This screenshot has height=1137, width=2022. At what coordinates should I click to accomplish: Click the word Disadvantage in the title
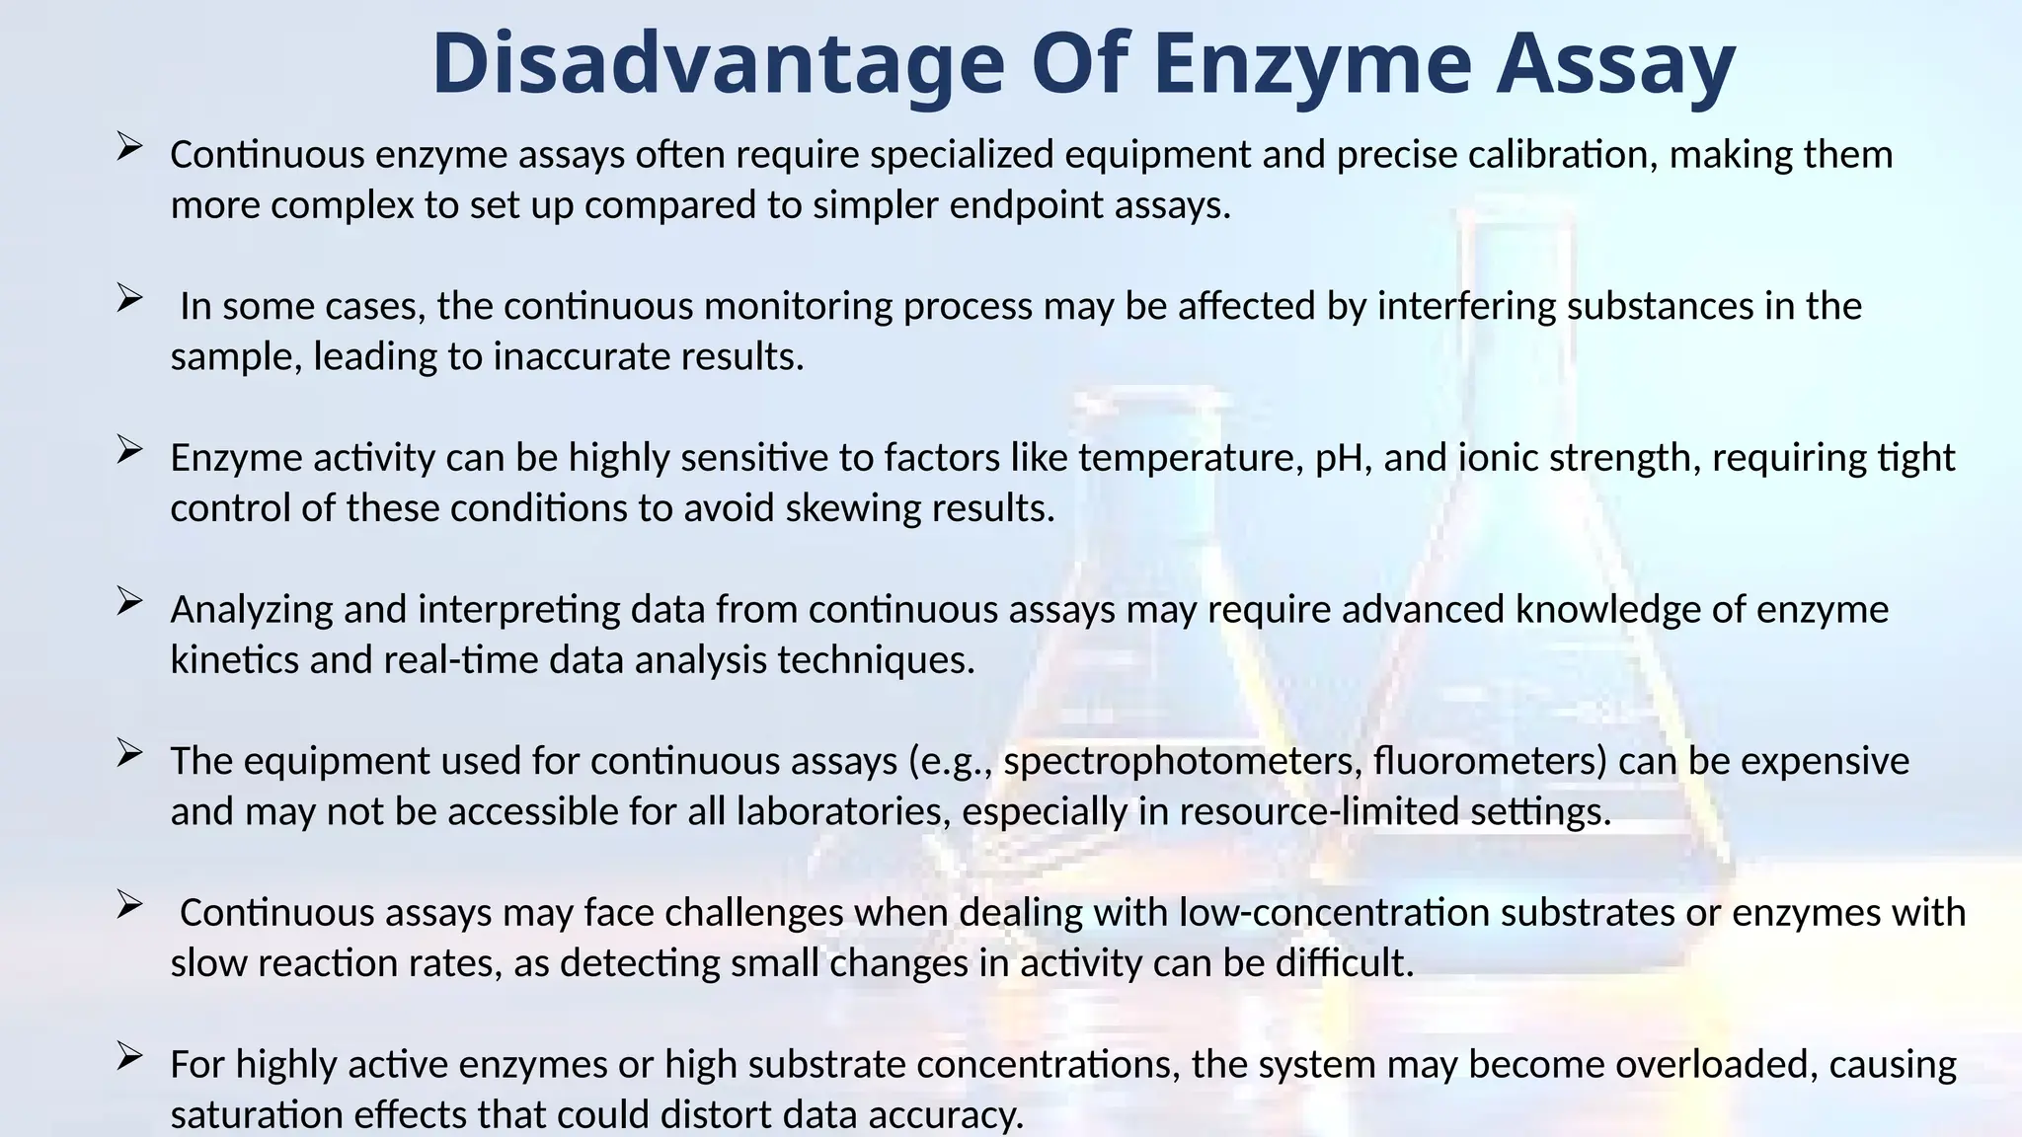pyautogui.click(x=718, y=64)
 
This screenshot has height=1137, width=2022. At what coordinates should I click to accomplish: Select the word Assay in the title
pyautogui.click(x=1615, y=64)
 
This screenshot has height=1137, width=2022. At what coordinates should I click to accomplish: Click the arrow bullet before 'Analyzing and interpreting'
pyautogui.click(x=129, y=601)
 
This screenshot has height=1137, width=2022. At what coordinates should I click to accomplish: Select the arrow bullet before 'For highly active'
pyautogui.click(x=129, y=1056)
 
